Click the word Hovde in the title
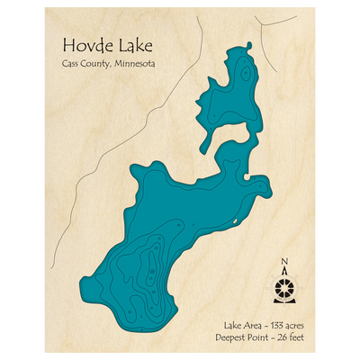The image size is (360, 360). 85,46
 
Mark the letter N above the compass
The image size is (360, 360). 285,263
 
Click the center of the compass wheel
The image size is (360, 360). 285,291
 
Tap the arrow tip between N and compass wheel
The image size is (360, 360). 285,272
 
